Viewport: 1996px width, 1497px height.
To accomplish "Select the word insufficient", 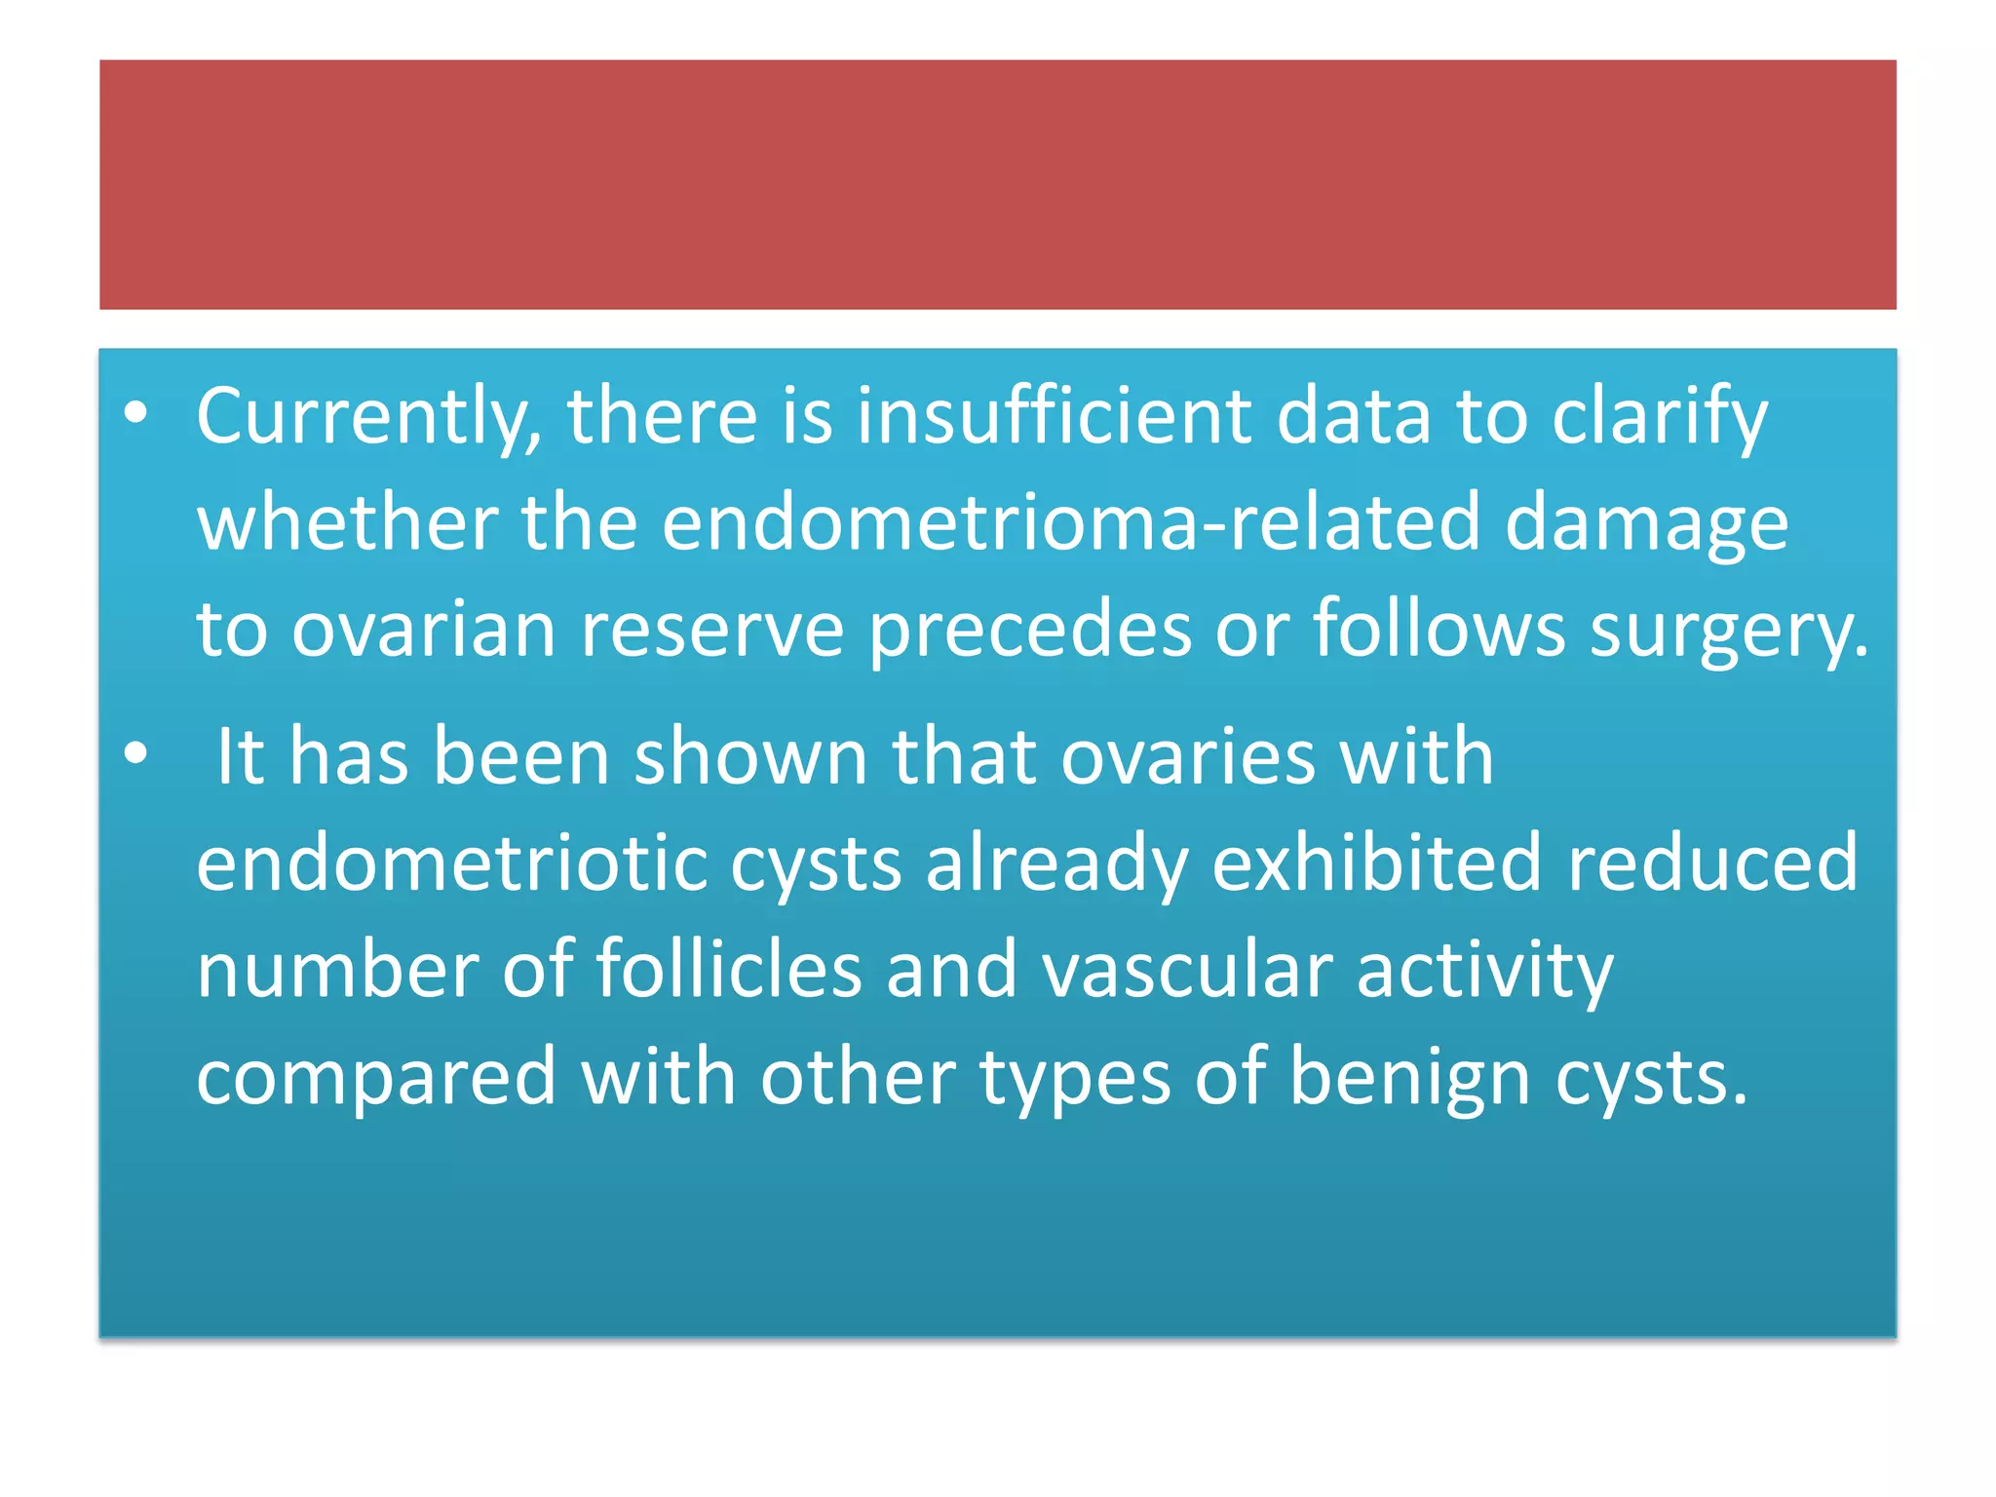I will tap(1054, 417).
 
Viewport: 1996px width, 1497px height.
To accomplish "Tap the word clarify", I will tap(1659, 417).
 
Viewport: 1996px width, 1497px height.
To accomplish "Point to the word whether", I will tap(347, 523).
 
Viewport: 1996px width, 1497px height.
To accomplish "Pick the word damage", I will tap(1646, 523).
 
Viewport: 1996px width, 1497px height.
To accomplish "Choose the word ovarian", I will tap(424, 630).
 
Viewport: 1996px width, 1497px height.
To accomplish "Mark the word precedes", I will tap(1029, 630).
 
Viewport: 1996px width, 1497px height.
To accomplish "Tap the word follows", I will tap(1439, 630).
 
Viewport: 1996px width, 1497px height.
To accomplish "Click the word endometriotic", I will tap(451, 864).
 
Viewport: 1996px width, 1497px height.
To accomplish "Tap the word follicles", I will tap(728, 970).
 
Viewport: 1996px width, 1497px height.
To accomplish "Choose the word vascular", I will tap(1186, 970).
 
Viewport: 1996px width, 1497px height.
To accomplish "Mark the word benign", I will tap(1409, 1078).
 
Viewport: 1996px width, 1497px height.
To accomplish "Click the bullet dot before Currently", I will tap(136, 413).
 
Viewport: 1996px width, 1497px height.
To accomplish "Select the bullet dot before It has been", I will tap(136, 753).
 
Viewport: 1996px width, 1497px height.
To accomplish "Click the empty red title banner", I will tap(997, 185).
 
